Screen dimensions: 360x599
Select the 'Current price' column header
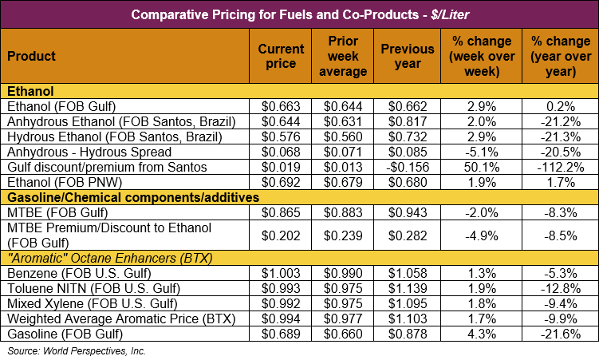point(281,56)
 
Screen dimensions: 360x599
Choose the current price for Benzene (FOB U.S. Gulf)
point(281,274)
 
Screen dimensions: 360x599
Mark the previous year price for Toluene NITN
point(408,289)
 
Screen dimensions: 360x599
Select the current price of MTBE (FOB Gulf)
point(281,212)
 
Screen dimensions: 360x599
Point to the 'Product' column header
point(31,56)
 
